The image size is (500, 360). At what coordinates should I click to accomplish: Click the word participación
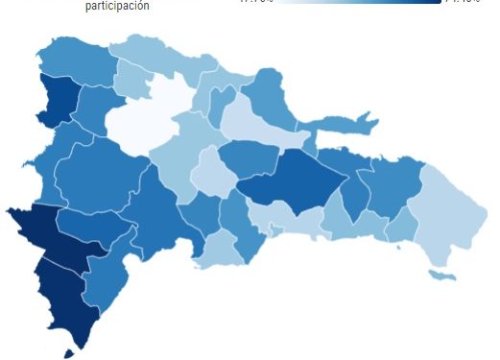[116, 6]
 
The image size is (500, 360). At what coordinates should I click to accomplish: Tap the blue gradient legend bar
[341, 1]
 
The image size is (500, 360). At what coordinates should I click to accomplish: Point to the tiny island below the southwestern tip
[68, 353]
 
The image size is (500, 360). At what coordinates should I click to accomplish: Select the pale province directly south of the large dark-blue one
[293, 220]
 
